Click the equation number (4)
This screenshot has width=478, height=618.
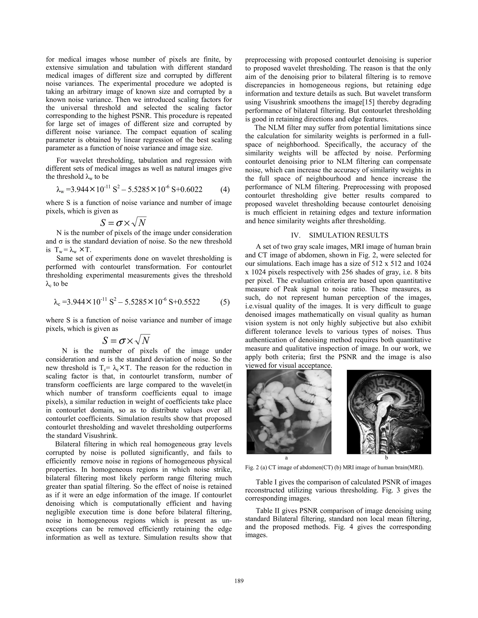[x=225, y=190]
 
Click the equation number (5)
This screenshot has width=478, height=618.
[x=225, y=302]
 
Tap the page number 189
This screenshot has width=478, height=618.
[x=239, y=581]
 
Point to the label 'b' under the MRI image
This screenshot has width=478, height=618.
[x=387, y=458]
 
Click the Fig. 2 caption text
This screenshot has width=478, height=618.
[x=334, y=467]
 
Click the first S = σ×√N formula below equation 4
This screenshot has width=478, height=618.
[x=123, y=223]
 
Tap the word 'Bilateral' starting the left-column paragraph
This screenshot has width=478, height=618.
[x=69, y=444]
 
